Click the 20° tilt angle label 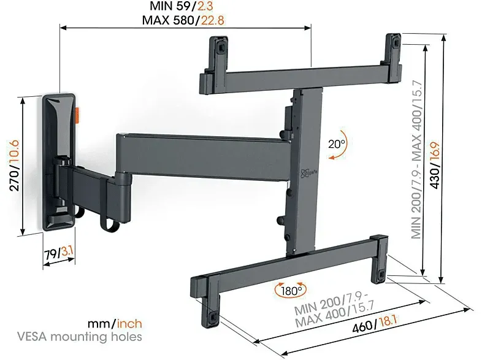click(337, 144)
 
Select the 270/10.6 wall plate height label click(14, 166)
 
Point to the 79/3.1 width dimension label click(58, 254)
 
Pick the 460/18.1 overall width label click(375, 323)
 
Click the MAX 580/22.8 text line click(183, 20)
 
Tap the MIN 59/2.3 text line click(182, 6)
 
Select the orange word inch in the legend click(129, 324)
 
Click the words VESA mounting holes click(80, 337)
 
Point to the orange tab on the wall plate click(77, 114)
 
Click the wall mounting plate click(58, 162)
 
